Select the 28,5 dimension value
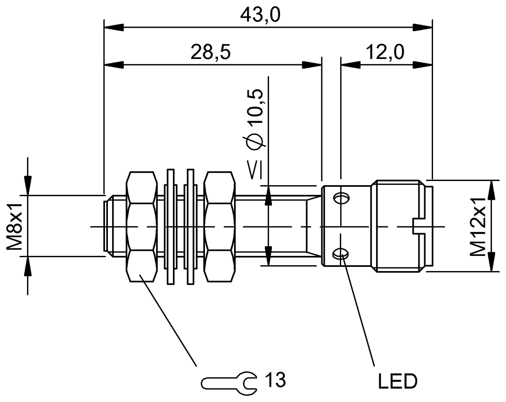tap(210, 53)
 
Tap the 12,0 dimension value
tap(385, 53)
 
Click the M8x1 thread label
tap(15, 226)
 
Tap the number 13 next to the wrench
tap(275, 380)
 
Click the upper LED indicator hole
tap(341, 198)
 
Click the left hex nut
tap(141, 226)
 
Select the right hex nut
tap(218, 226)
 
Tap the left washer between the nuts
tap(171, 226)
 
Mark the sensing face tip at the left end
tap(106, 226)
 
